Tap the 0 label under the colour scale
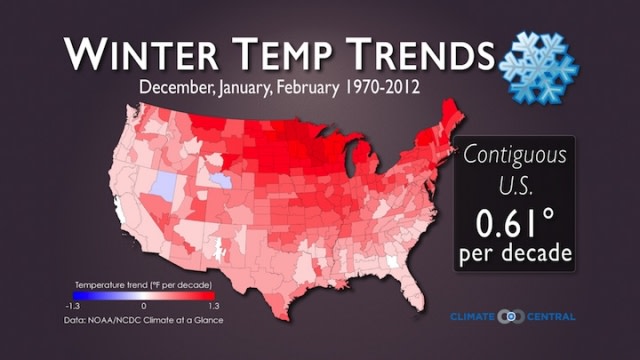pyautogui.click(x=144, y=304)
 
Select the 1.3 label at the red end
pyautogui.click(x=213, y=304)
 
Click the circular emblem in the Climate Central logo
pyautogui.click(x=511, y=317)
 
